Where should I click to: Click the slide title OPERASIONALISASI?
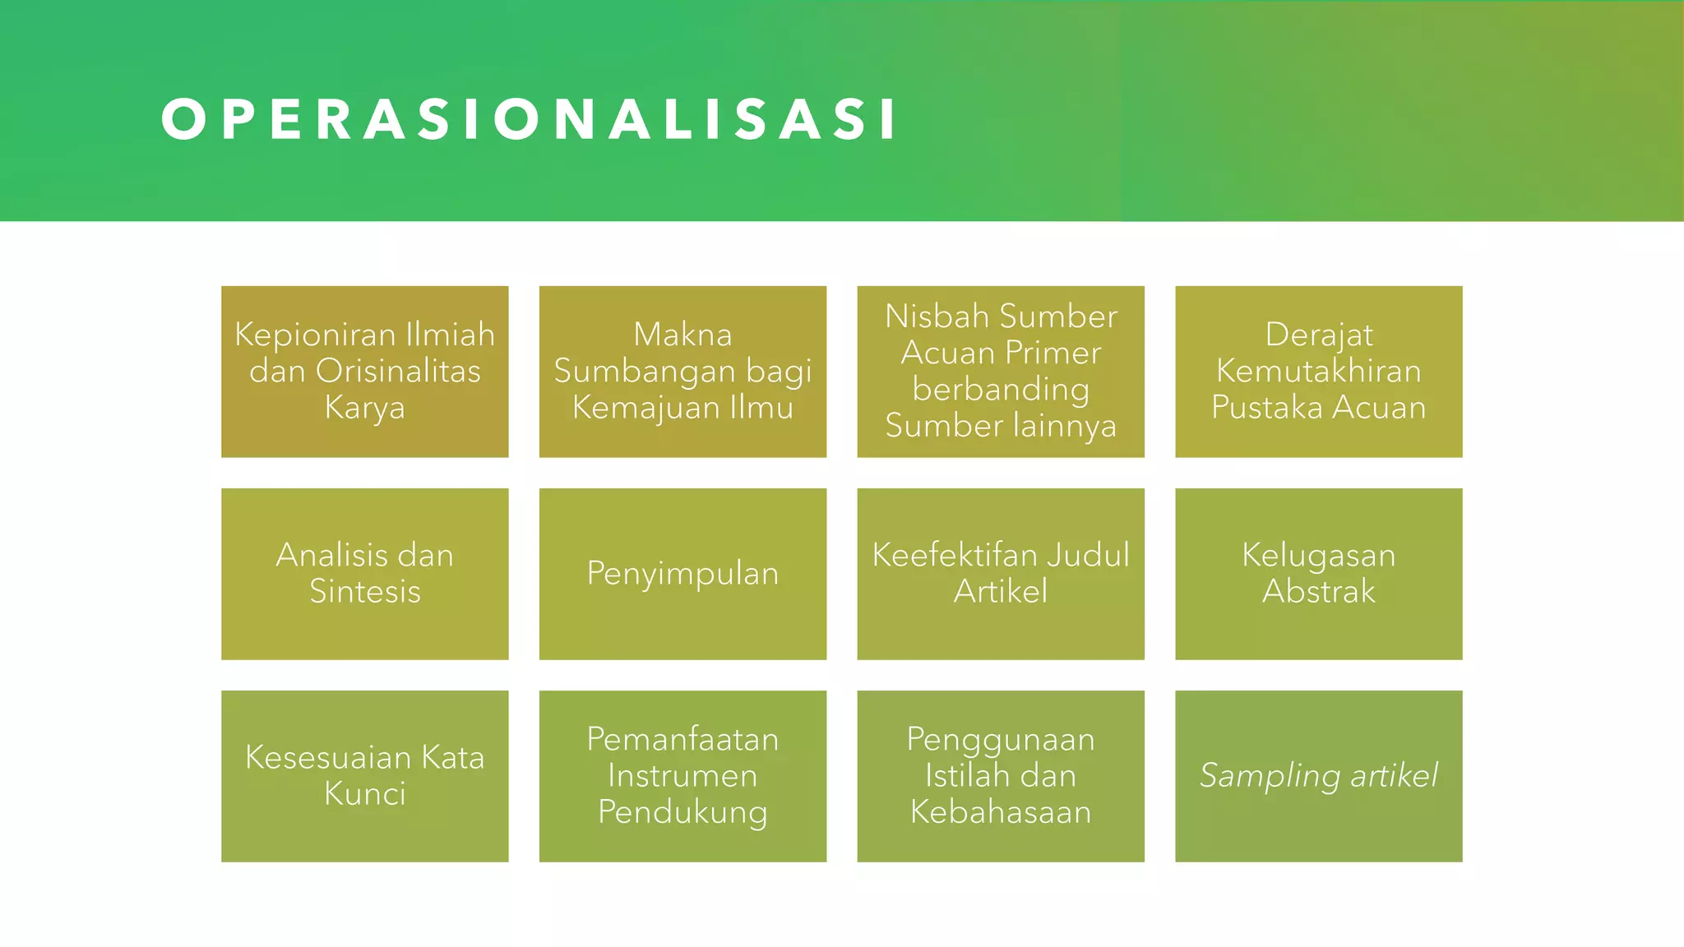[x=530, y=120]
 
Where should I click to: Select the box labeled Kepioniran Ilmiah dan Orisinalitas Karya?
[x=364, y=372]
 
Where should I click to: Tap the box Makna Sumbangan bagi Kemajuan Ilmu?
[x=682, y=372]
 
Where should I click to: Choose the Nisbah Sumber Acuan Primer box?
[x=1000, y=372]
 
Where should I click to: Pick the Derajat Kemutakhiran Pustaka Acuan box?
[x=1318, y=372]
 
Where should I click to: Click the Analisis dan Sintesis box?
[x=364, y=574]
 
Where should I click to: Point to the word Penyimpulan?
[x=682, y=574]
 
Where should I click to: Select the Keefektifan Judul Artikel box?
[x=1000, y=574]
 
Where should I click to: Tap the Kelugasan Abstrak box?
[x=1318, y=574]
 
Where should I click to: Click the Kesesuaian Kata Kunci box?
[x=364, y=776]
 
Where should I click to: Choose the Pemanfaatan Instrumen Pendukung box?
[x=682, y=776]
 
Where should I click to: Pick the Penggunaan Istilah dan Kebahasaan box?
[x=1000, y=776]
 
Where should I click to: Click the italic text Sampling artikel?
[x=1318, y=776]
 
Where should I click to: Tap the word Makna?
[x=682, y=335]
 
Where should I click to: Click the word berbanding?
[x=1001, y=390]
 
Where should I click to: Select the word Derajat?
[x=1319, y=335]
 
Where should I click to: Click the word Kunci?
[x=365, y=794]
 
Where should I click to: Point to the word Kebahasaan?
[x=1001, y=812]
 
